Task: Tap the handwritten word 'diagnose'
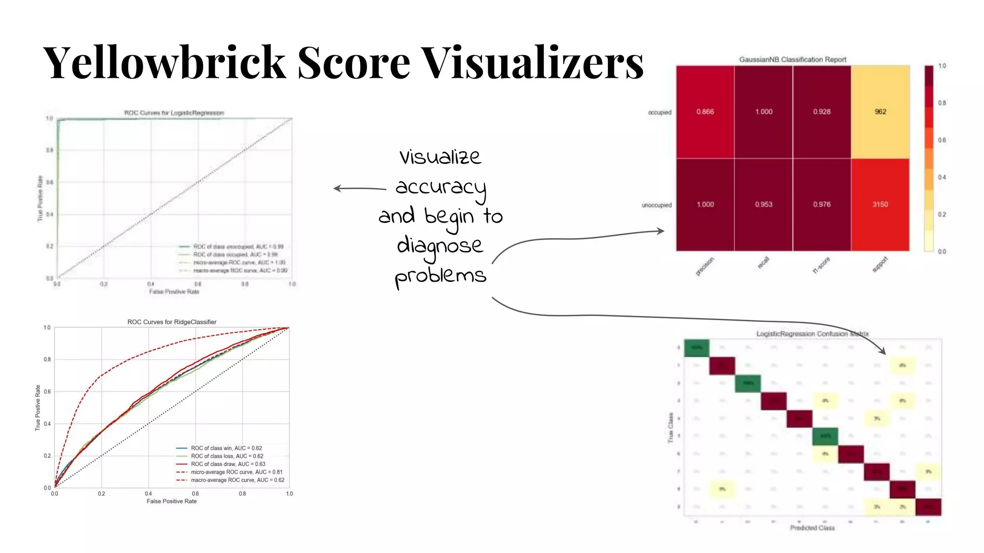point(439,246)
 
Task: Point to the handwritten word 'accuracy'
point(441,187)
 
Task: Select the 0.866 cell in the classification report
point(705,112)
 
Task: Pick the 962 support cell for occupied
point(880,112)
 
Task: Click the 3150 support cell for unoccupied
point(880,204)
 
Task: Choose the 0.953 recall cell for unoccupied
point(763,204)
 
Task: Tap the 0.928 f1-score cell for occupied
point(822,112)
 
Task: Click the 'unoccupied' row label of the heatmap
point(656,205)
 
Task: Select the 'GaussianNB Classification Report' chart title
point(792,60)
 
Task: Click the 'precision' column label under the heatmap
point(705,266)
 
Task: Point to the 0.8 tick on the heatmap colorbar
point(942,103)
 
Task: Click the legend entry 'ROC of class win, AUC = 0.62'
point(226,448)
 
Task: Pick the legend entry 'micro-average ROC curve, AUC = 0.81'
point(236,472)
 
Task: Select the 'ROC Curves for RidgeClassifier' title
point(172,322)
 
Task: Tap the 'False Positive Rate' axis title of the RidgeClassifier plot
point(172,501)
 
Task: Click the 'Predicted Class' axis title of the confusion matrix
point(812,528)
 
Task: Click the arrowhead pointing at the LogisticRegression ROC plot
point(337,189)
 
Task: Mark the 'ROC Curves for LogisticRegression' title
point(174,113)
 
